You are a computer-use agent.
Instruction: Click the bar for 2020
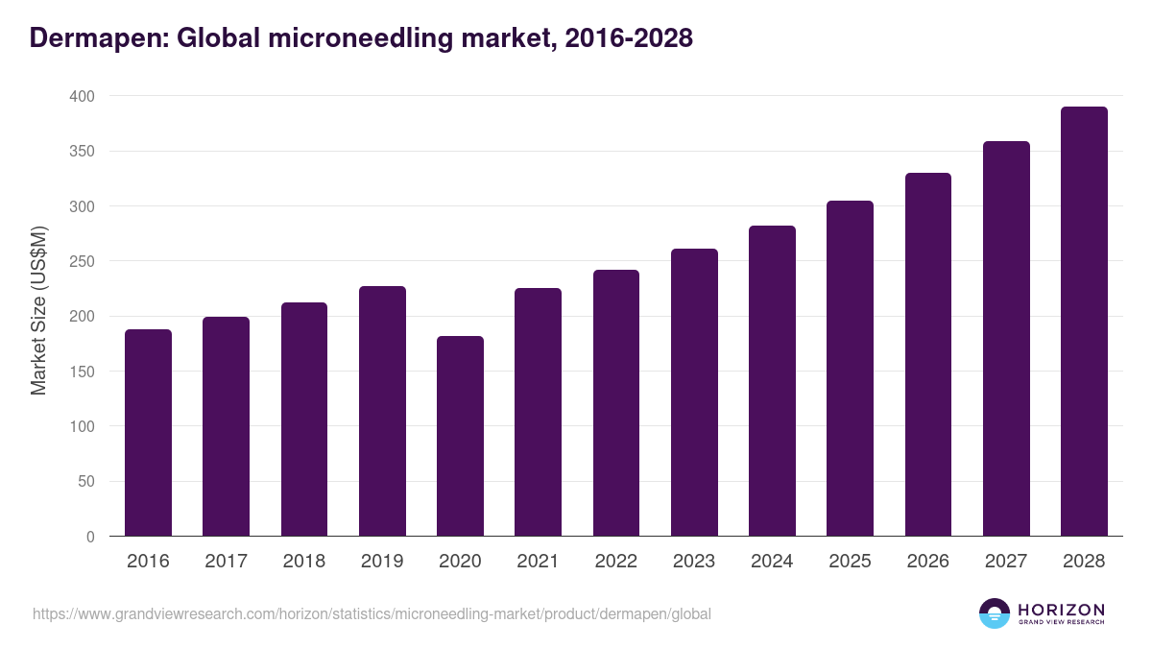pyautogui.click(x=460, y=436)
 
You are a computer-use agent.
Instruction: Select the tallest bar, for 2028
pyautogui.click(x=1084, y=322)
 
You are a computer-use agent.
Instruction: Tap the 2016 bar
pyautogui.click(x=148, y=433)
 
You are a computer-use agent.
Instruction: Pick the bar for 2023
pyautogui.click(x=694, y=393)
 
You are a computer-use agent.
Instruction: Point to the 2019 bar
pyautogui.click(x=382, y=411)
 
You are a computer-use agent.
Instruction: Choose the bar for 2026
pyautogui.click(x=927, y=354)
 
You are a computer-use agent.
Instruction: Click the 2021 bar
pyautogui.click(x=538, y=412)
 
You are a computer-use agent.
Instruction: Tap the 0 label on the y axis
pyautogui.click(x=90, y=537)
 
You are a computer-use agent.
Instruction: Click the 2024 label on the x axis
pyautogui.click(x=772, y=562)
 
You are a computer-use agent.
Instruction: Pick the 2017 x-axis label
pyautogui.click(x=226, y=562)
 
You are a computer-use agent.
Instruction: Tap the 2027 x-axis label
pyautogui.click(x=1006, y=562)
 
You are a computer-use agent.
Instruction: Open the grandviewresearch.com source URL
pyautogui.click(x=372, y=613)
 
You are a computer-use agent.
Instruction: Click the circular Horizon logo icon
pyautogui.click(x=995, y=613)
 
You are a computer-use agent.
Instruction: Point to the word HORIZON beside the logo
pyautogui.click(x=1061, y=610)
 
